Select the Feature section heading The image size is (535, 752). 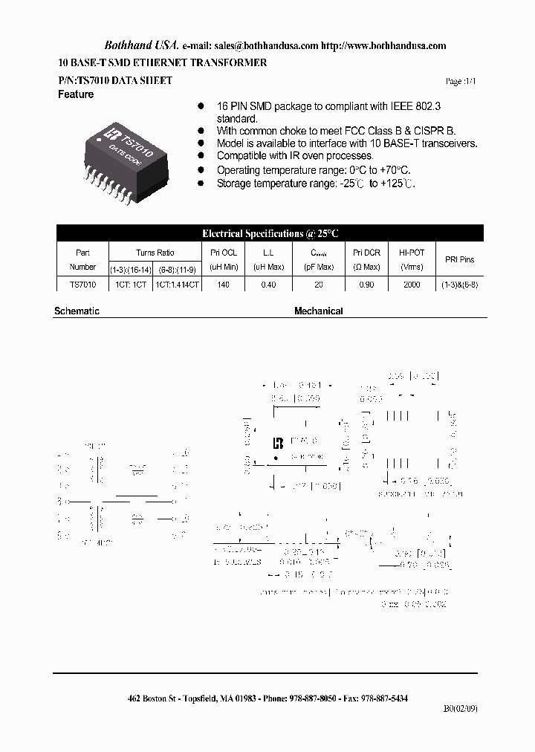click(76, 95)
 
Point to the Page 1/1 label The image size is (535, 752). click(459, 81)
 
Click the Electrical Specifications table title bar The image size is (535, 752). click(270, 233)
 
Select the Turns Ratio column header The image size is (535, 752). click(155, 253)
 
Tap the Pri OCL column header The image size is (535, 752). click(224, 253)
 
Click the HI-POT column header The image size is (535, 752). click(411, 253)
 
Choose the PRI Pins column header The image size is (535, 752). click(459, 259)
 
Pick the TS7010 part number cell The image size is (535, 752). click(82, 285)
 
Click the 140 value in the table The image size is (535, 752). click(224, 285)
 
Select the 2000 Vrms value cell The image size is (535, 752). click(411, 285)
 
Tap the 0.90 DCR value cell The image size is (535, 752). click(366, 285)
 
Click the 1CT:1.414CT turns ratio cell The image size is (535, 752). click(178, 285)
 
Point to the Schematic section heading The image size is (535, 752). click(77, 311)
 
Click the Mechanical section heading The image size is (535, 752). click(318, 311)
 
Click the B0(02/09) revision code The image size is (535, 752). click(461, 710)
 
